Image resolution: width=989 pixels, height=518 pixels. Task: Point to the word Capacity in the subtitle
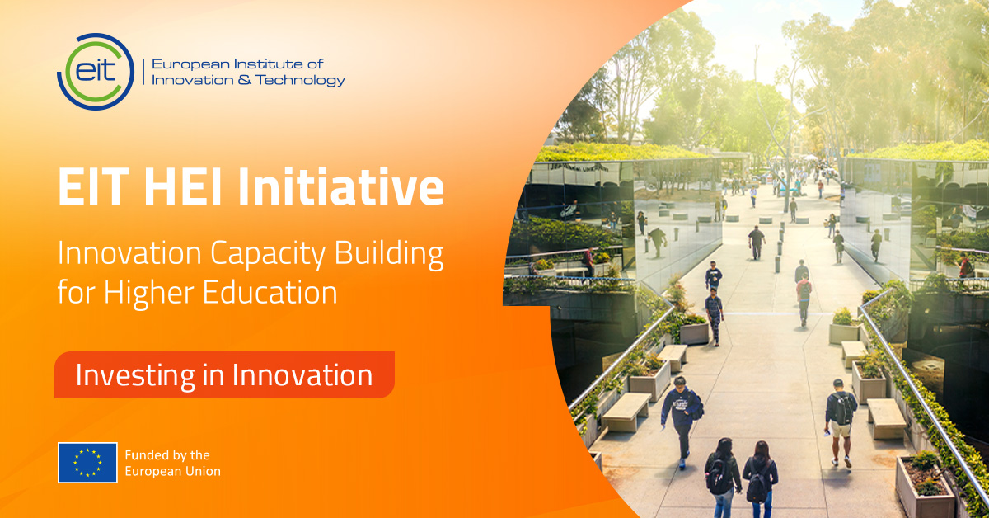[x=268, y=255]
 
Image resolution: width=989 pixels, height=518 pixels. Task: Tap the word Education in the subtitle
[x=270, y=292]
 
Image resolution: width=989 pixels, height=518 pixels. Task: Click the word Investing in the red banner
[x=135, y=375]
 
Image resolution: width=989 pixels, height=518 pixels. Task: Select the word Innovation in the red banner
[x=302, y=374]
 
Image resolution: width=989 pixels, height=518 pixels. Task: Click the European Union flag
[x=87, y=462]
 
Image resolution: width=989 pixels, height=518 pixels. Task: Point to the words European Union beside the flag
[x=172, y=471]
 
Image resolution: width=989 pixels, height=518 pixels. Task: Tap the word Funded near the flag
[x=146, y=454]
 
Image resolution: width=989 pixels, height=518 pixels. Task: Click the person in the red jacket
[x=804, y=299]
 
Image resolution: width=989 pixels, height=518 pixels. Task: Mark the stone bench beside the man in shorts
[x=886, y=418]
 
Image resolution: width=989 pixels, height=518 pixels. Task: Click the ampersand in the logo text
[x=241, y=80]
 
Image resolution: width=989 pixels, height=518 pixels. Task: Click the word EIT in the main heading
[x=97, y=186]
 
